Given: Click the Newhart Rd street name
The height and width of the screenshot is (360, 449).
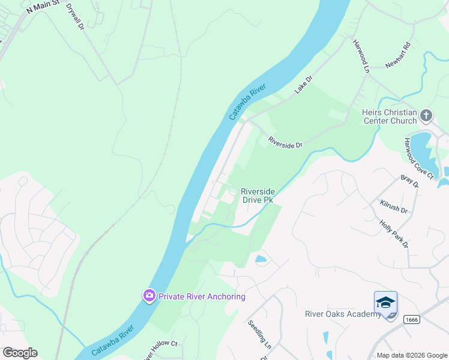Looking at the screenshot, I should (397, 55).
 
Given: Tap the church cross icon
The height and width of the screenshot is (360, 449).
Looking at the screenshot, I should (426, 115).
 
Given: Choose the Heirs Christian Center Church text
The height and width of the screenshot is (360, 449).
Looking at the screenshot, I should (389, 116).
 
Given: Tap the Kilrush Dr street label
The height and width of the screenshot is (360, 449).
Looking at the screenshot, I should (394, 207).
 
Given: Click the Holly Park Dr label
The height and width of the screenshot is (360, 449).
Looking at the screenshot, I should (394, 233).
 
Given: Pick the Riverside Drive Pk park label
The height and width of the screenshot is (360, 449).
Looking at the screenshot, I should (258, 196).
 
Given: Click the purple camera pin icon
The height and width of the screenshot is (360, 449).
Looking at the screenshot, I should (149, 296).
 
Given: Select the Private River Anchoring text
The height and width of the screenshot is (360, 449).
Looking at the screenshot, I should (202, 296).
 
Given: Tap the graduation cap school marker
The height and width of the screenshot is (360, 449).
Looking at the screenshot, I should (385, 302).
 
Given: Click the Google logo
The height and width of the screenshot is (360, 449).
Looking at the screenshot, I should (20, 353).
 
